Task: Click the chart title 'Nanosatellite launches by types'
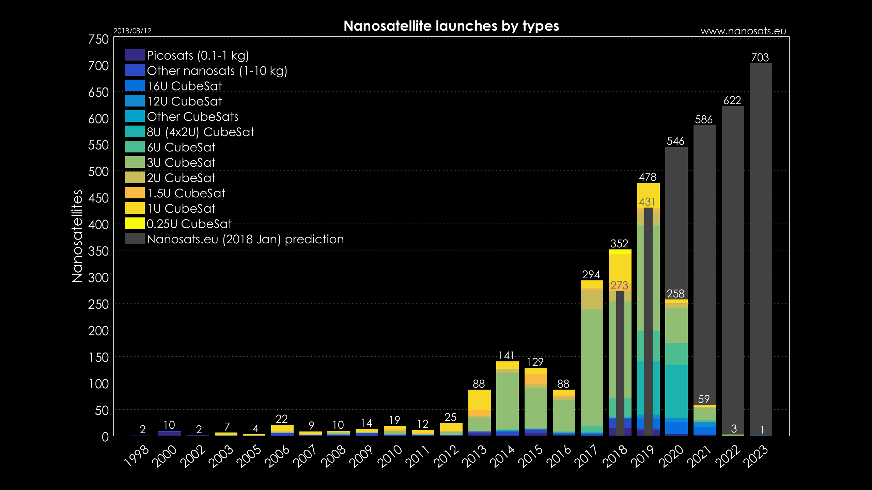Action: point(451,26)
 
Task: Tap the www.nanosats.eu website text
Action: point(743,31)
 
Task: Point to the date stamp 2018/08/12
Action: point(132,31)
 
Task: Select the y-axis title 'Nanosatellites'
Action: point(77,236)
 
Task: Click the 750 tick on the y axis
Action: point(98,39)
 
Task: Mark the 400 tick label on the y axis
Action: point(98,225)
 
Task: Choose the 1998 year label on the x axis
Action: point(137,456)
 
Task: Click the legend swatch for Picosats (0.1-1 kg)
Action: point(135,55)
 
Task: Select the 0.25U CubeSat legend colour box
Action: point(135,224)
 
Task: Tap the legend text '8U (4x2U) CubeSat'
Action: point(200,132)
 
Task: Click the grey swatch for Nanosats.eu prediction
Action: point(135,239)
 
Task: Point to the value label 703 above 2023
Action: point(760,58)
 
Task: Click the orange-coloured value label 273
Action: point(619,285)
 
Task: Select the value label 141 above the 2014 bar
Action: point(507,356)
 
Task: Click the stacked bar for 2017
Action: point(592,357)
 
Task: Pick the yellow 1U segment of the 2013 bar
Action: point(479,400)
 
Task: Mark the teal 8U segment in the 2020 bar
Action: point(676,391)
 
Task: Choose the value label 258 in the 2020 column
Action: point(675,294)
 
